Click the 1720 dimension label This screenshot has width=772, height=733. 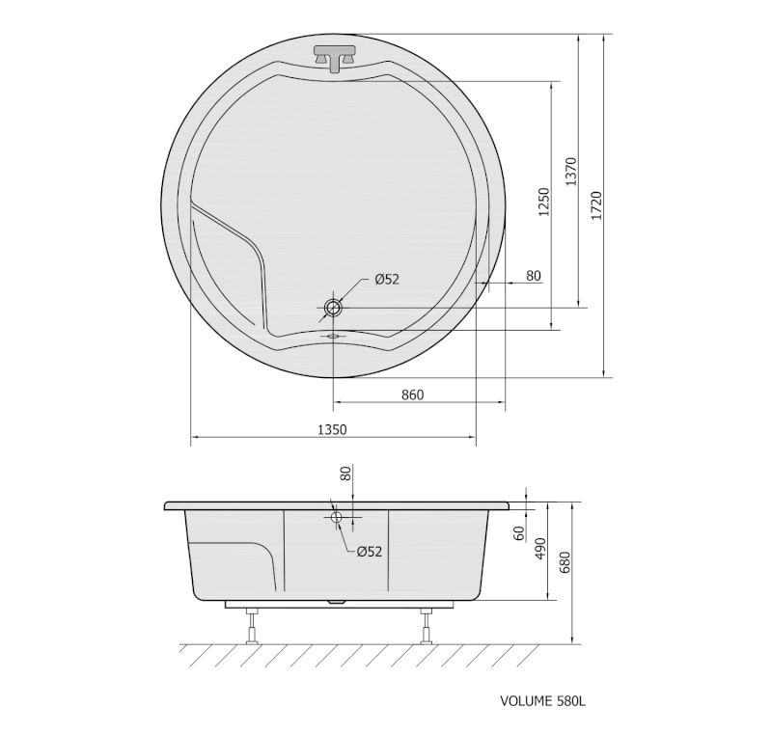(595, 205)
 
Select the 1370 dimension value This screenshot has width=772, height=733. (570, 174)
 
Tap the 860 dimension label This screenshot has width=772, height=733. (412, 395)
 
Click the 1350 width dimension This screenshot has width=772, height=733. (332, 429)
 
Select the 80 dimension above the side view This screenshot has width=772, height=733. (346, 475)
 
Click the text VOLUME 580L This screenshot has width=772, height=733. (542, 703)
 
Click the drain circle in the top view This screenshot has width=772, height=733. (333, 309)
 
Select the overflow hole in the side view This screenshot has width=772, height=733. (337, 518)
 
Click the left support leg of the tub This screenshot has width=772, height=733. (253, 625)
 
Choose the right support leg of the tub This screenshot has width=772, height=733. (426, 625)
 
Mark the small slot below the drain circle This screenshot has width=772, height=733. (333, 337)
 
